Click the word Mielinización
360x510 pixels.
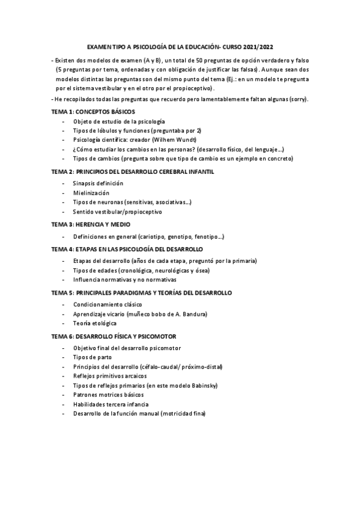pyautogui.click(x=91, y=193)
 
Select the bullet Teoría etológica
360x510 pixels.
pyautogui.click(x=95, y=324)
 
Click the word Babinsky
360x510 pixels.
pyautogui.click(x=203, y=386)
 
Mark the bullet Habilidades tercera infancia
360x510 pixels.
pyautogui.click(x=111, y=404)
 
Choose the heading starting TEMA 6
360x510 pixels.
pyautogui.click(x=113, y=336)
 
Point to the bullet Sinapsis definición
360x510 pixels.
pyautogui.click(x=98, y=183)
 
